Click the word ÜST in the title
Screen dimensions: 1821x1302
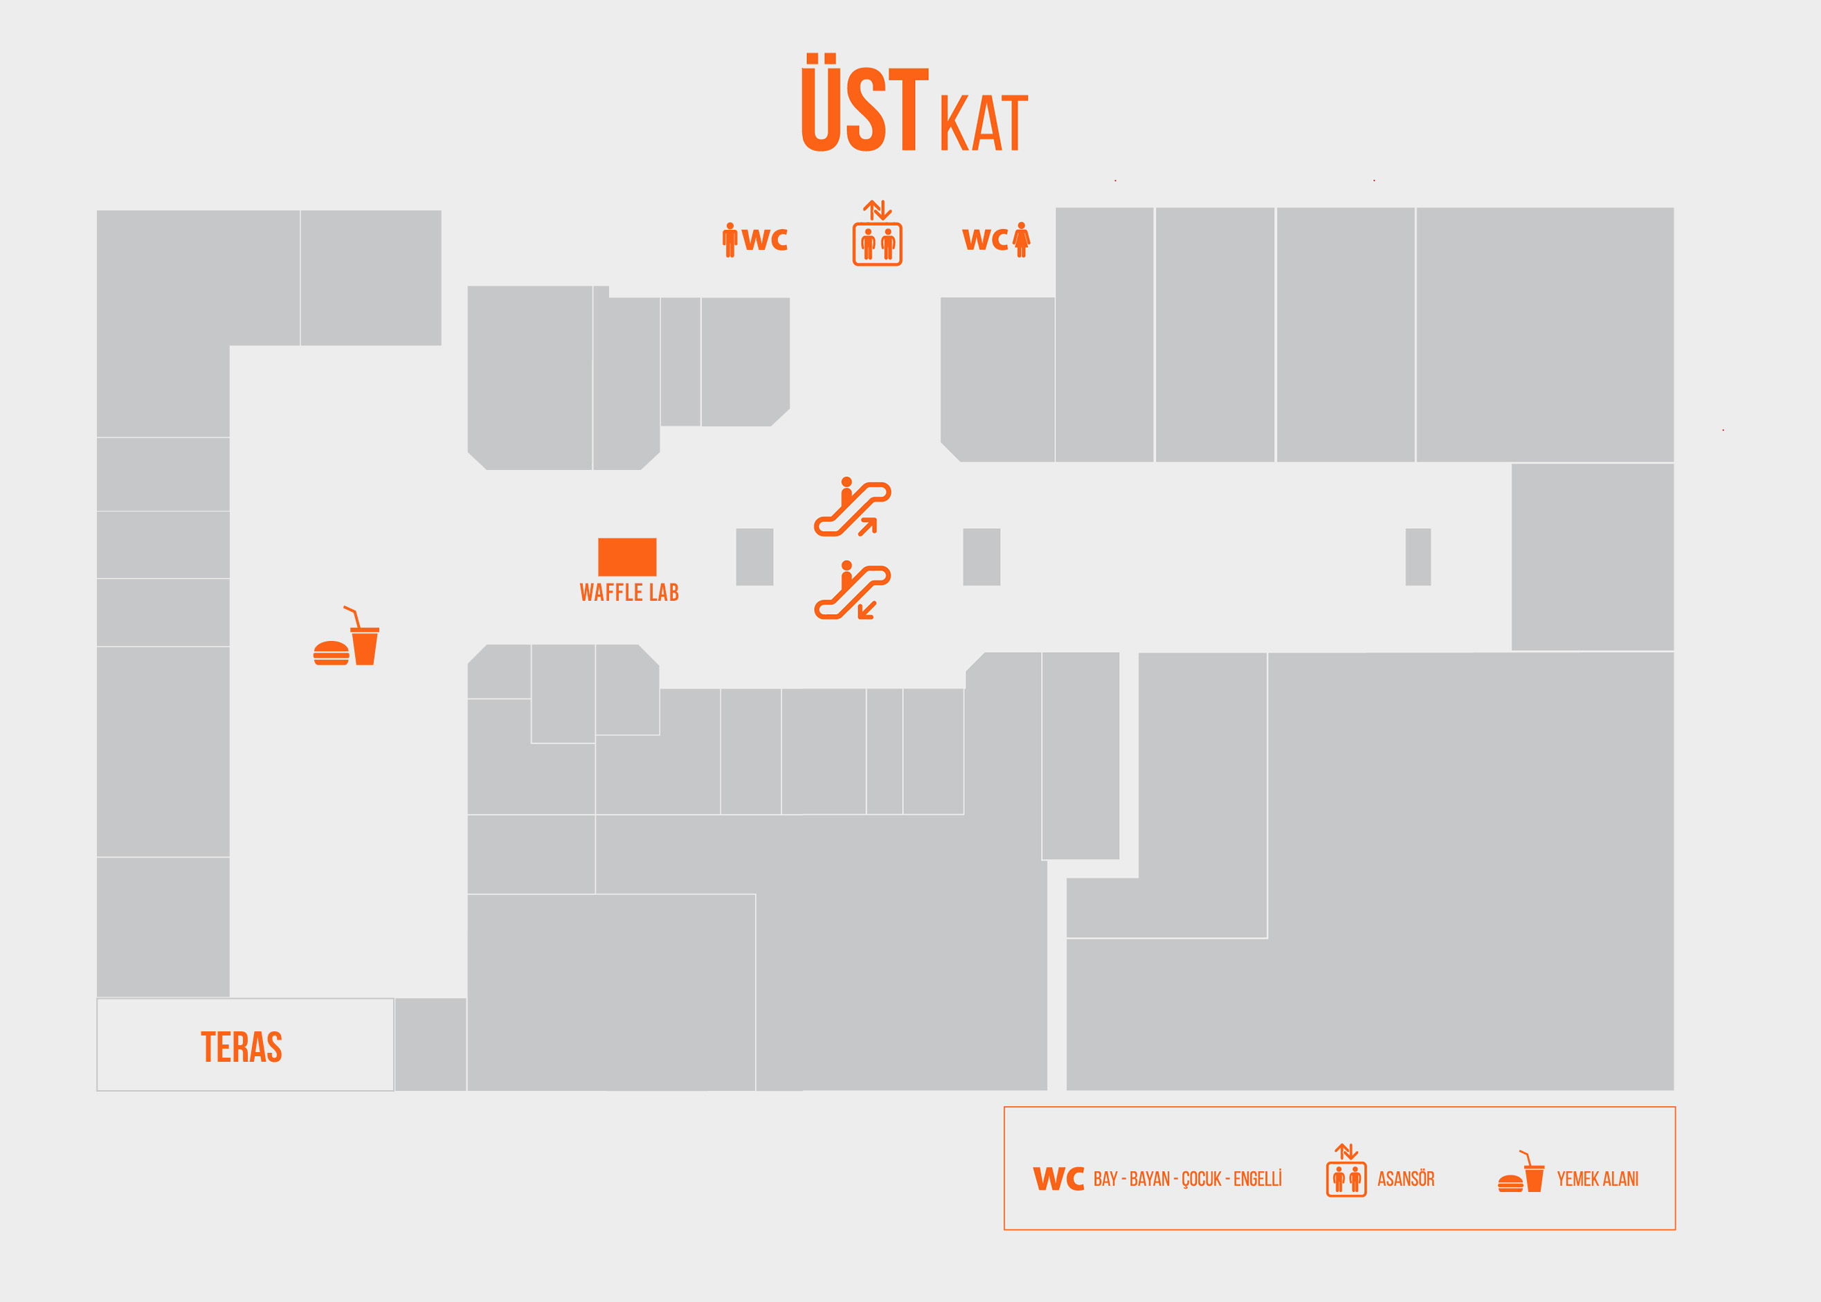pyautogui.click(x=864, y=102)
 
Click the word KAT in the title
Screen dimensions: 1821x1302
pyautogui.click(x=984, y=123)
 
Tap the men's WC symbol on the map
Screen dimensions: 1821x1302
pyautogui.click(x=754, y=239)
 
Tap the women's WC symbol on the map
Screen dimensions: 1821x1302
pyautogui.click(x=996, y=239)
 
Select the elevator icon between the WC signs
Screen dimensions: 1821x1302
pyautogui.click(x=877, y=233)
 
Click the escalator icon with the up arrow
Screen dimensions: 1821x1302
pyautogui.click(x=853, y=507)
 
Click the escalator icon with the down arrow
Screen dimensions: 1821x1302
pyautogui.click(x=853, y=590)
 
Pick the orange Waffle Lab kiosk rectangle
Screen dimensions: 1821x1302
pyautogui.click(x=627, y=557)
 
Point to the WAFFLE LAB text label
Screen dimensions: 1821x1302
pyautogui.click(x=629, y=593)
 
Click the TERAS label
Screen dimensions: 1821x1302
pyautogui.click(x=242, y=1047)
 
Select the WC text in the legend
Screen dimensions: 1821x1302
pyautogui.click(x=1058, y=1179)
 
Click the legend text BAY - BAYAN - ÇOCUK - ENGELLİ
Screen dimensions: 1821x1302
pyautogui.click(x=1187, y=1179)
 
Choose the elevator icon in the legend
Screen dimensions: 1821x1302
pyautogui.click(x=1346, y=1170)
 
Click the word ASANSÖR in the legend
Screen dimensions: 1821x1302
pyautogui.click(x=1406, y=1179)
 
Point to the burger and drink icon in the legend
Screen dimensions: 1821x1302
pyautogui.click(x=1521, y=1171)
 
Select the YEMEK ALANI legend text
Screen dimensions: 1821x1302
pyautogui.click(x=1597, y=1179)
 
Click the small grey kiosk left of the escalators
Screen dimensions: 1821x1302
pyautogui.click(x=754, y=557)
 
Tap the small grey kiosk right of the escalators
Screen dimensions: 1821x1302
pyautogui.click(x=981, y=557)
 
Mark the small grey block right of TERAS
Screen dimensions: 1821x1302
pyautogui.click(x=431, y=1044)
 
